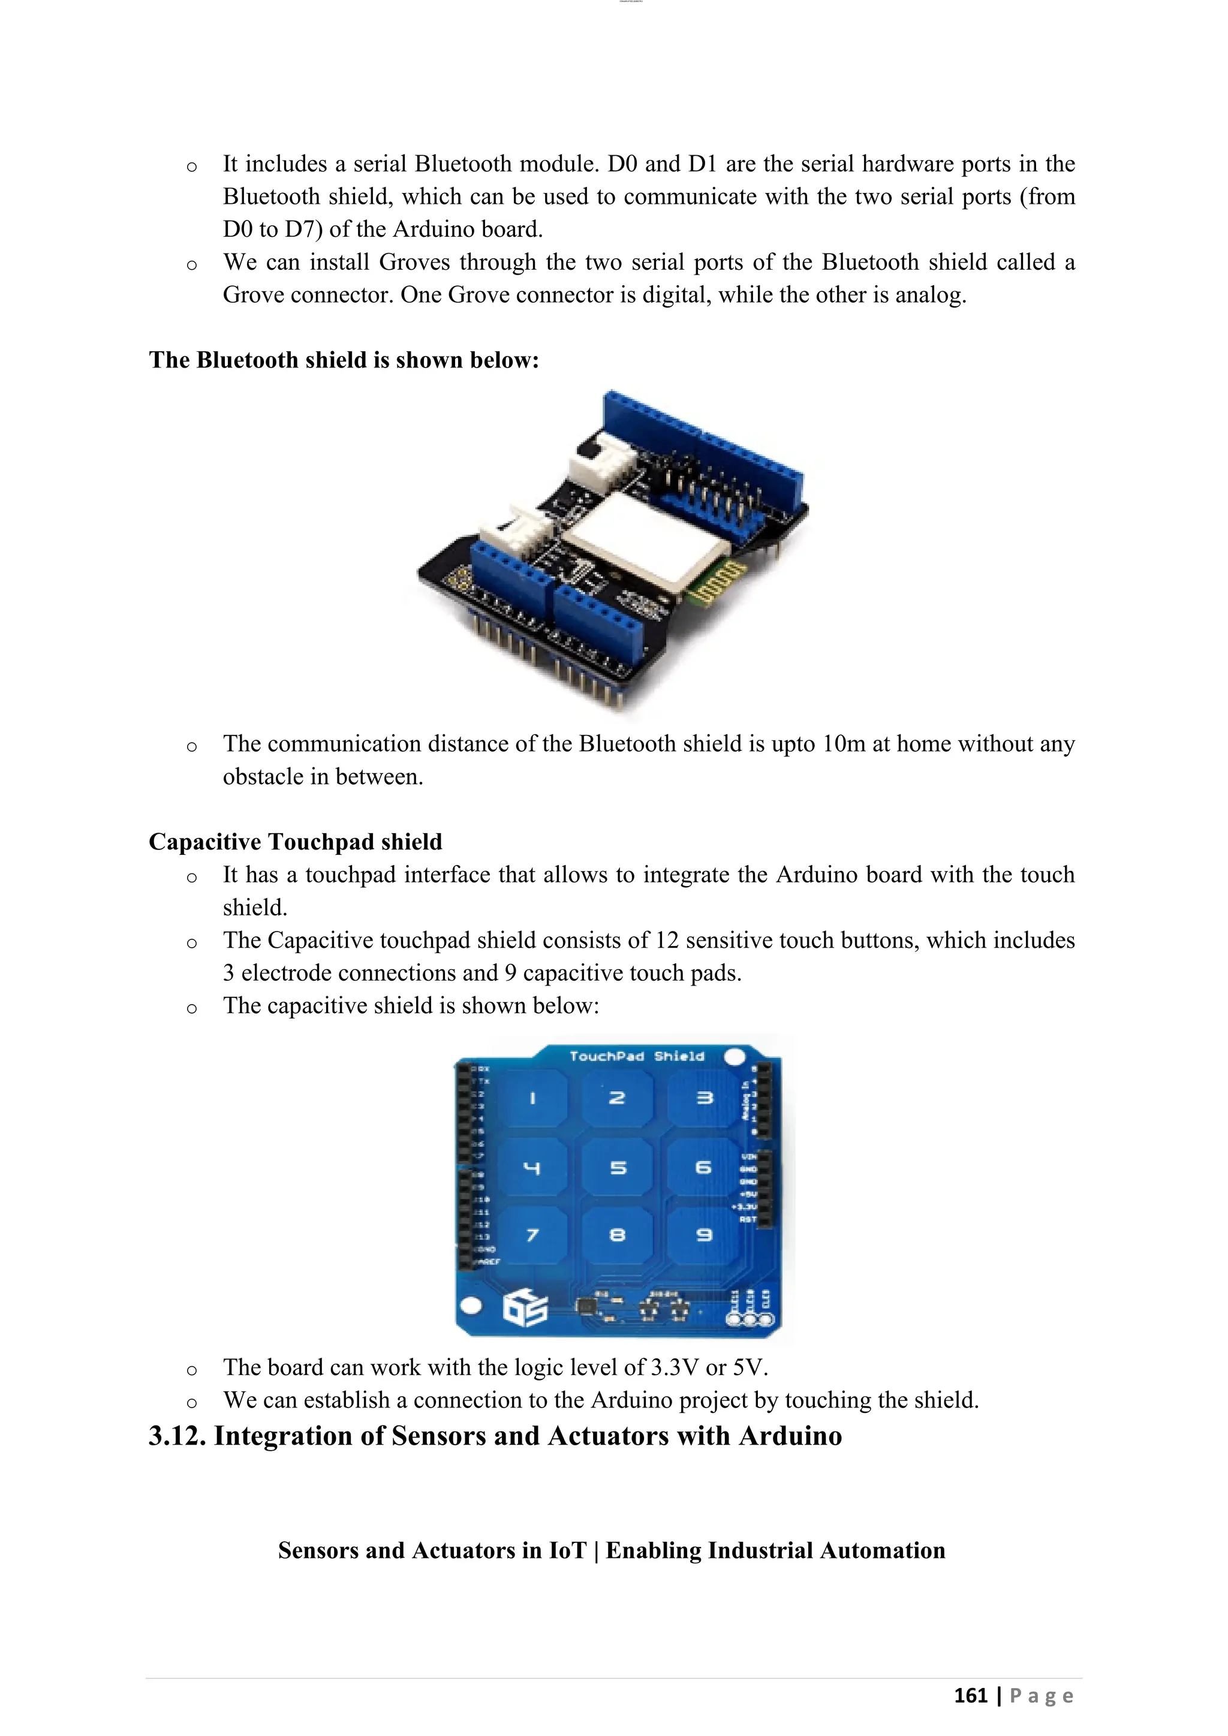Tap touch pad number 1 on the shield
tap(532, 1099)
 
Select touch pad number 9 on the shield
tap(703, 1235)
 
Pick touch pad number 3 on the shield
tap(703, 1099)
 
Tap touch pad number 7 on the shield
tap(532, 1235)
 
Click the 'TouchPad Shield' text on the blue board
tap(637, 1056)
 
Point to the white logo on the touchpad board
tap(525, 1309)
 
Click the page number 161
tap(971, 1696)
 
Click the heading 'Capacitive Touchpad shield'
tap(295, 842)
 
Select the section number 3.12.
tap(177, 1436)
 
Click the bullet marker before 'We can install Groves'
tap(192, 264)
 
